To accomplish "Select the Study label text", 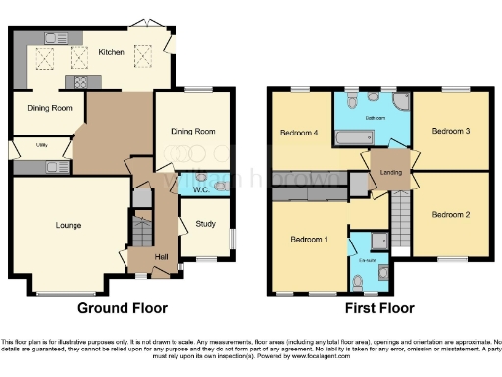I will point(206,223).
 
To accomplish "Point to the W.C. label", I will point(198,188).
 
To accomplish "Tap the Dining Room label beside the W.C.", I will point(194,131).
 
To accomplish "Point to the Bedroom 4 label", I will point(298,133).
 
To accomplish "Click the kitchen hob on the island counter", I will point(76,81).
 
